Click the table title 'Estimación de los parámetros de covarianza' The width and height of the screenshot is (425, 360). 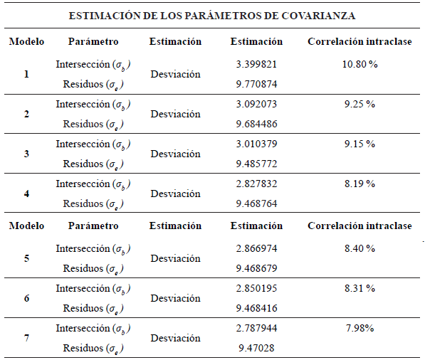click(212, 15)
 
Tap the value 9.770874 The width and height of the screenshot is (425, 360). click(257, 84)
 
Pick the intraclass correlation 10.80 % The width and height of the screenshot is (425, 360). click(359, 64)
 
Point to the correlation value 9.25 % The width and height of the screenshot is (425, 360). click(359, 104)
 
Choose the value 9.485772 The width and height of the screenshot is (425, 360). click(257, 164)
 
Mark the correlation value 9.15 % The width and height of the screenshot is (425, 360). click(359, 144)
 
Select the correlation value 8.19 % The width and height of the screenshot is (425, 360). click(359, 184)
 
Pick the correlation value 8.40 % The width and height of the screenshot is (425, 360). click(359, 249)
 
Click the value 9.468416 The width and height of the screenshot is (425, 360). click(257, 309)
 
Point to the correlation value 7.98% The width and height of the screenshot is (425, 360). click(359, 329)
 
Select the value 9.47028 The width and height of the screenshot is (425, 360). click(257, 349)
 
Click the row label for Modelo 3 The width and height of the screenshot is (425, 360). click(26, 154)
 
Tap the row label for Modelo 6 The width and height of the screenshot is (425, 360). click(26, 299)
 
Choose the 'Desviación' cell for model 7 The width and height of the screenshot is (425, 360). click(175, 339)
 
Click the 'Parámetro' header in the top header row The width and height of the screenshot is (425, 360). click(93, 41)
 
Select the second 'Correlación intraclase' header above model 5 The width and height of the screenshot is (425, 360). click(359, 226)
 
